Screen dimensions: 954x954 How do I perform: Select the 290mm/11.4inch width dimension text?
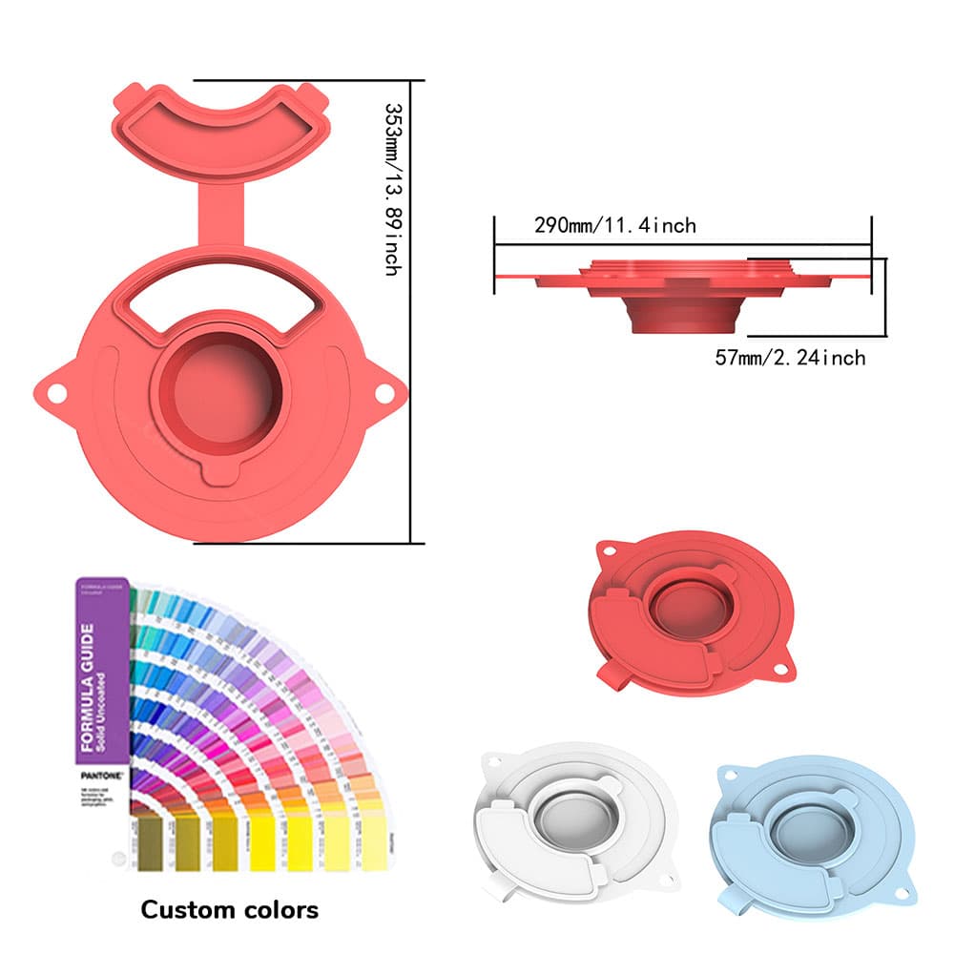click(614, 226)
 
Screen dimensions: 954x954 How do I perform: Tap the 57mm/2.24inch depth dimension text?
click(790, 358)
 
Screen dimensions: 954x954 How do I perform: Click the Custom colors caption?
click(229, 909)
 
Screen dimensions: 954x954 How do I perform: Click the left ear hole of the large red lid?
click(55, 392)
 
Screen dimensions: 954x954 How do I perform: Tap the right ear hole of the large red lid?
click(384, 392)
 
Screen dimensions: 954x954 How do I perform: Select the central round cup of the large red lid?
click(221, 391)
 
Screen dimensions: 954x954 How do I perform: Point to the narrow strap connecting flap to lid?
click(221, 215)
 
